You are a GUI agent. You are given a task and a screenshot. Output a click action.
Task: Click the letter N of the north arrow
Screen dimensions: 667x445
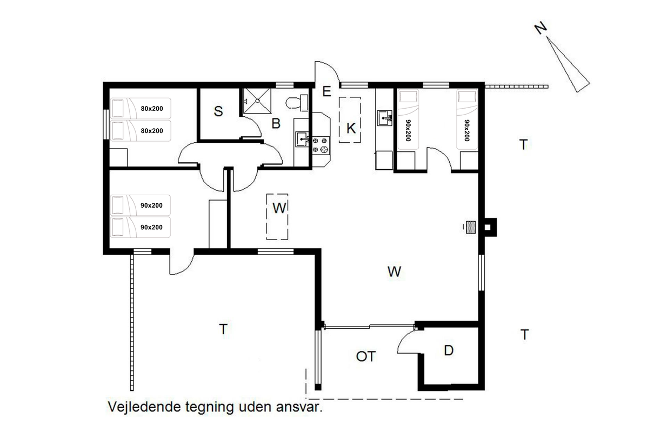[x=541, y=28]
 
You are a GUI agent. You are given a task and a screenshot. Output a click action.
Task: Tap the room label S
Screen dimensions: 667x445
[x=218, y=111]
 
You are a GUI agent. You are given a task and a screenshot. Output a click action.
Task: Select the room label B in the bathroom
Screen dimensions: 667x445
[x=276, y=123]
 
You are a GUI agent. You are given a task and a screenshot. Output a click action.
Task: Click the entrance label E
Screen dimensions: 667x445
[x=327, y=91]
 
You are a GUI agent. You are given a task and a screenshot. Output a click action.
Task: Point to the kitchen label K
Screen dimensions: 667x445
[x=351, y=128]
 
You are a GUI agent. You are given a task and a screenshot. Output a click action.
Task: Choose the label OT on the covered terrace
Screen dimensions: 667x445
[x=366, y=356]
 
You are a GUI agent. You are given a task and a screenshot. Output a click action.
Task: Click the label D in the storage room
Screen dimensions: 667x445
[x=449, y=350]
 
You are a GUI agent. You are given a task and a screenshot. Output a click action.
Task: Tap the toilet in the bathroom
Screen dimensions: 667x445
[x=297, y=103]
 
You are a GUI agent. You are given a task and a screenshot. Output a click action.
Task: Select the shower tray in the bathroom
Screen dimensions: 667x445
[x=257, y=101]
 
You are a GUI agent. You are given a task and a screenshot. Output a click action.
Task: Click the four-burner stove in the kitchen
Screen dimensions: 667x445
[x=321, y=145]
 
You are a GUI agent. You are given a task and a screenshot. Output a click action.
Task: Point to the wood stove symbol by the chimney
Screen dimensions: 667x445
[x=470, y=227]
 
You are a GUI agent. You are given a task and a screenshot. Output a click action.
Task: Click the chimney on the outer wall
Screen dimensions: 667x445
[x=490, y=227]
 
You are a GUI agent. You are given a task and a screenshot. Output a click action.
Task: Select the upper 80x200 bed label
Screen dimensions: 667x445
[x=152, y=109]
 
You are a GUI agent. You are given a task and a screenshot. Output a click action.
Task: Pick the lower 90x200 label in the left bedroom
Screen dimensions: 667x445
[x=151, y=227]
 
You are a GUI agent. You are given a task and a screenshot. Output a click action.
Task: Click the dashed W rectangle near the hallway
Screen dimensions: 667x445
[x=277, y=216]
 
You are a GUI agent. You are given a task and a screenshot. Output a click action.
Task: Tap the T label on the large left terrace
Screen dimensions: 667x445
[x=223, y=329]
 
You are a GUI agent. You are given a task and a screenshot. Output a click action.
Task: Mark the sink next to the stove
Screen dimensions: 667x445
[x=302, y=139]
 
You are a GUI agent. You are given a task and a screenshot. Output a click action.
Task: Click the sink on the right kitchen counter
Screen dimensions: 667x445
[x=385, y=118]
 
